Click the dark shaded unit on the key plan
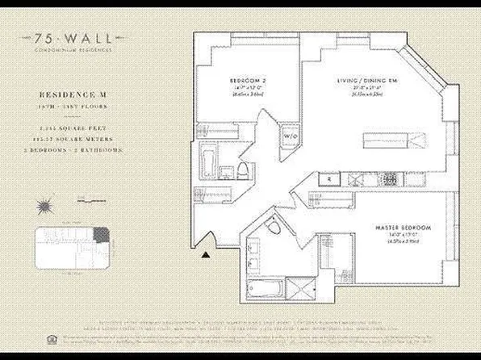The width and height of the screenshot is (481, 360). [101, 234]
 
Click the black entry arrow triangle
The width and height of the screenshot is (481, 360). [207, 255]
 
